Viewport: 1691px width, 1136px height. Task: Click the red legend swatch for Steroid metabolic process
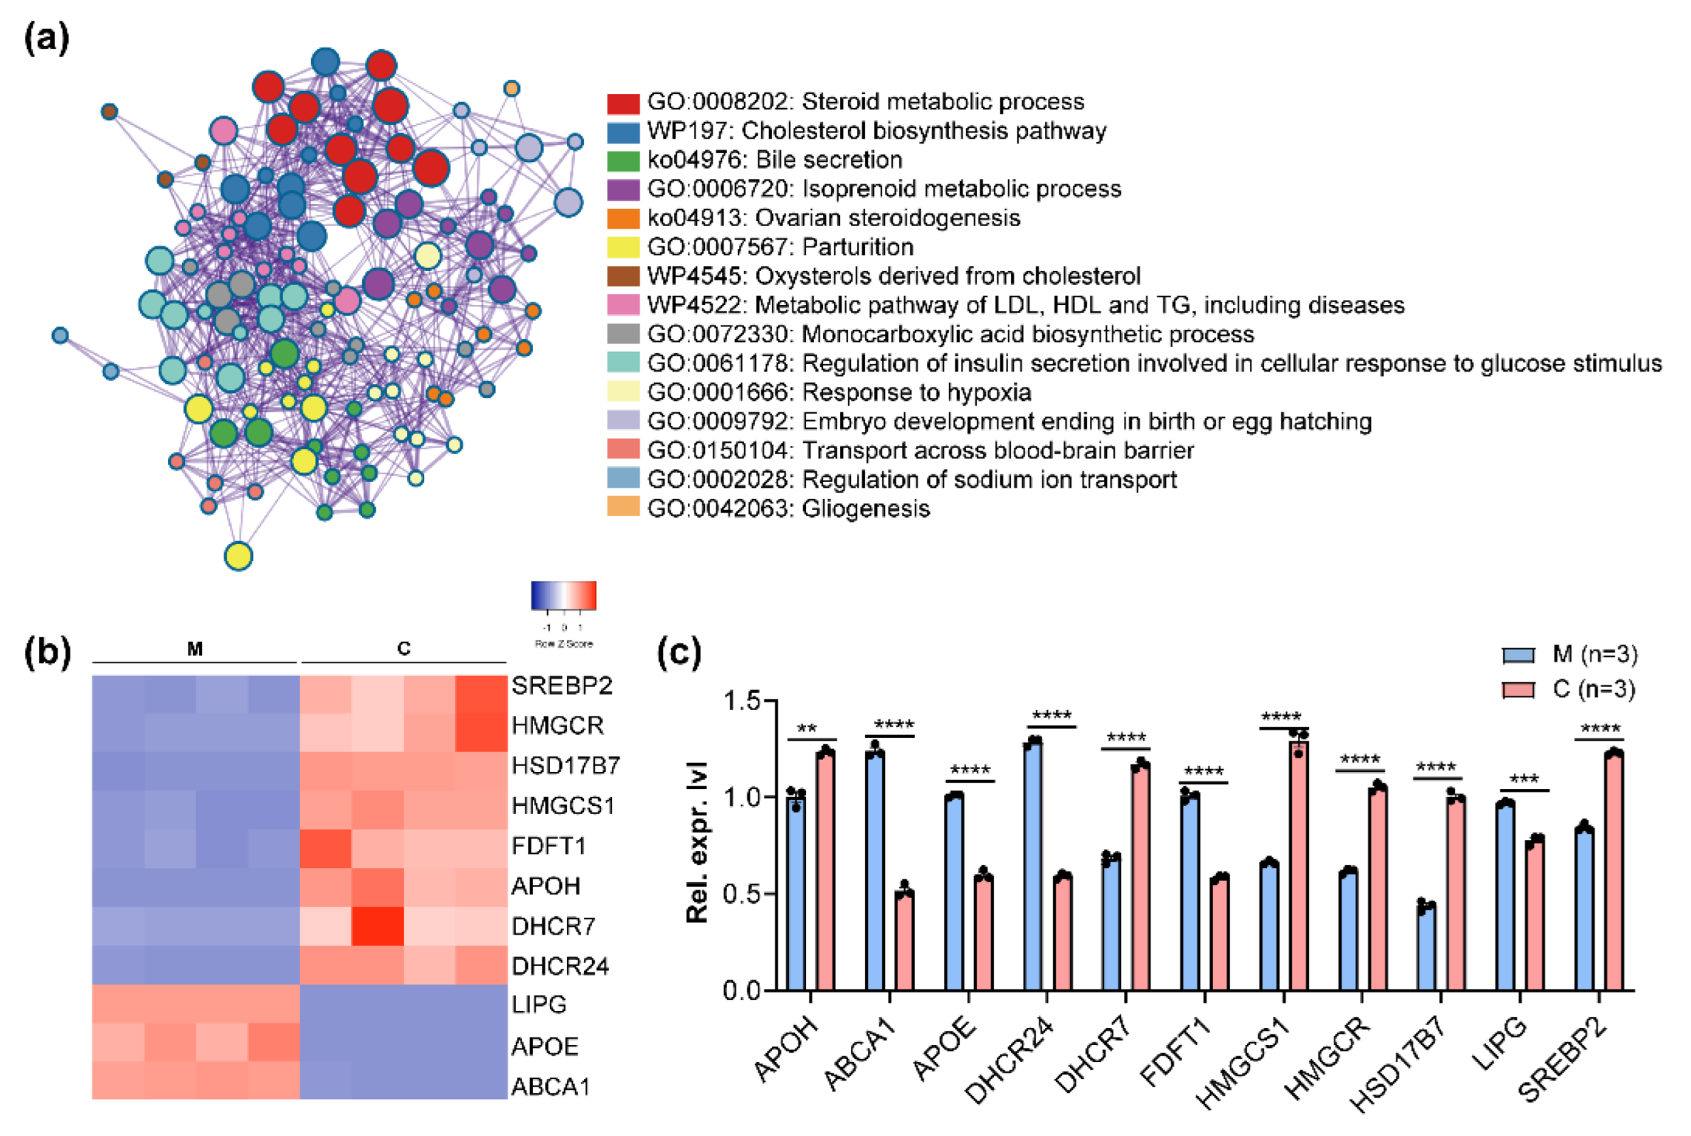click(622, 104)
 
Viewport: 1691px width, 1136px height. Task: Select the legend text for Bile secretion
click(774, 160)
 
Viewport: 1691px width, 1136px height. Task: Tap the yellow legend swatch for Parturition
click(622, 248)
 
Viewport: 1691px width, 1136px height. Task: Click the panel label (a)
click(47, 38)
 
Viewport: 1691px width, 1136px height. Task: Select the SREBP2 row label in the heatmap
click(562, 685)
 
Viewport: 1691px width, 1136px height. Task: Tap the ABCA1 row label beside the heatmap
click(551, 1087)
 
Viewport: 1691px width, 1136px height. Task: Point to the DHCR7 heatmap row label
click(553, 926)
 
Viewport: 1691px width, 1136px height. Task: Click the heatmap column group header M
click(194, 649)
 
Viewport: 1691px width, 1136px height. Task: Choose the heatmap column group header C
click(404, 649)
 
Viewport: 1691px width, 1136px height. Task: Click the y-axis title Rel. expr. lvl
click(696, 842)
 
